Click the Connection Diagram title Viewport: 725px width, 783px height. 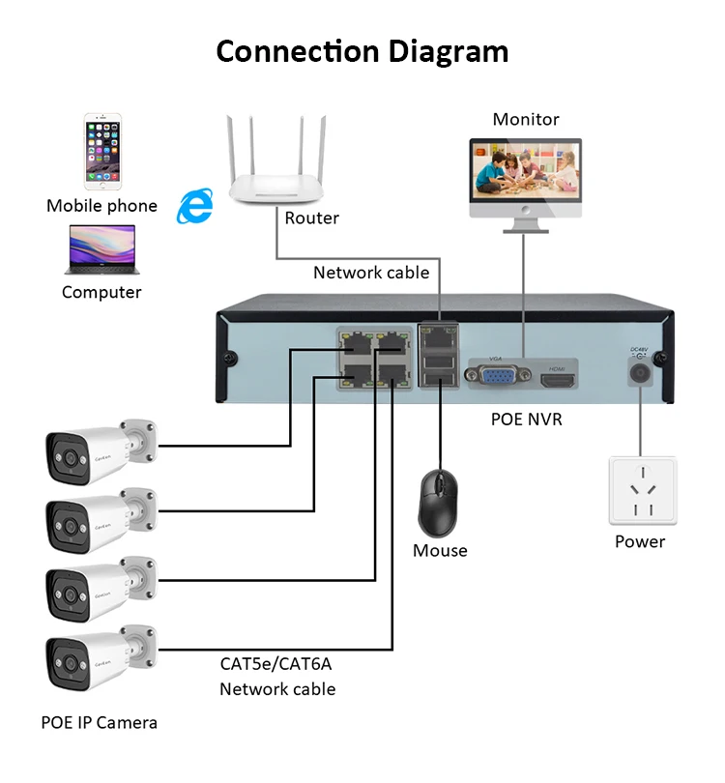coord(362,50)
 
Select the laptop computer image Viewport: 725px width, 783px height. coord(101,249)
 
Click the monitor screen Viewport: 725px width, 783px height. coord(526,173)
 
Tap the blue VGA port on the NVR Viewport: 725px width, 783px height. coord(498,374)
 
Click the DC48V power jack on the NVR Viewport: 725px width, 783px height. coord(639,371)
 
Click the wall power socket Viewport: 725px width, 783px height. coord(641,491)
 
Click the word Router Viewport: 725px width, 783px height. coord(311,218)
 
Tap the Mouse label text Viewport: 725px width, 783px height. coord(440,551)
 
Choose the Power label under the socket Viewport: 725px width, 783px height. coord(640,541)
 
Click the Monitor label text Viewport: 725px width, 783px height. coord(526,120)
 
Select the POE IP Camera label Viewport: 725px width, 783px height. coord(99,722)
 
